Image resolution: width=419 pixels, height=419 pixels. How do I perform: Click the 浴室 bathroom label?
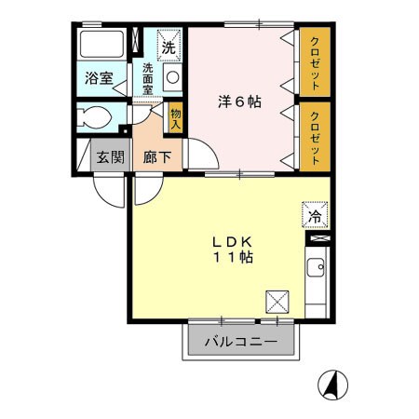(x=101, y=79)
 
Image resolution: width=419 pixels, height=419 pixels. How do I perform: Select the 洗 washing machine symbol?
(x=169, y=45)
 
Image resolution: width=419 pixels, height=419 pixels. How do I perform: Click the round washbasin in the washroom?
(x=172, y=77)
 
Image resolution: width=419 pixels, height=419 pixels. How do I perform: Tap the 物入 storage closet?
(x=174, y=117)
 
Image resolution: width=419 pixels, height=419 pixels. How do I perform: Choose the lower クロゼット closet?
(x=316, y=136)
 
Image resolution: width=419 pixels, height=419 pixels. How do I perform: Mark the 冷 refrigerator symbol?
(x=314, y=216)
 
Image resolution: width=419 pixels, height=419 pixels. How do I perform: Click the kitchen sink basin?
(x=318, y=271)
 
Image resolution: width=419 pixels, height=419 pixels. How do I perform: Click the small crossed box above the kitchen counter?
(x=317, y=239)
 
